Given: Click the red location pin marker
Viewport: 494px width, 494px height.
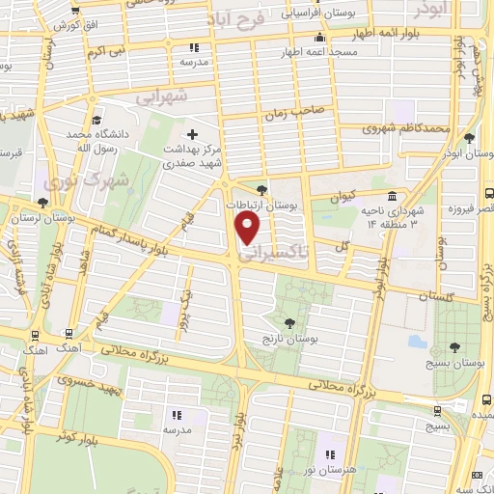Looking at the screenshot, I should pyautogui.click(x=248, y=228).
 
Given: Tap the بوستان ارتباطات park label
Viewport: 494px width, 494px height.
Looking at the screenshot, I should pyautogui.click(x=262, y=206).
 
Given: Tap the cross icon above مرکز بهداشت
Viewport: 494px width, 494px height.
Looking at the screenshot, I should pyautogui.click(x=191, y=134).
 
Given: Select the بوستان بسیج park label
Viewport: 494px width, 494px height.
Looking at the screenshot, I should pyautogui.click(x=453, y=366).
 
